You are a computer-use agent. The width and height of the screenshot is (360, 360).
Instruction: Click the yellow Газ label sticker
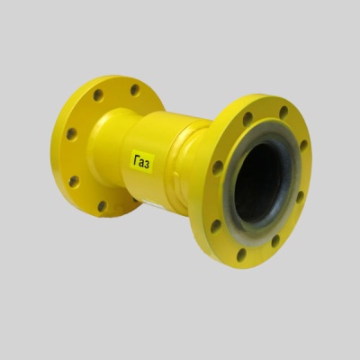(x=143, y=162)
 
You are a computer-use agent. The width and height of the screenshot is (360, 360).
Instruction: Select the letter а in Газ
(x=142, y=163)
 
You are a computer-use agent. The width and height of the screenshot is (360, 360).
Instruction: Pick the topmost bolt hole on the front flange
(x=283, y=112)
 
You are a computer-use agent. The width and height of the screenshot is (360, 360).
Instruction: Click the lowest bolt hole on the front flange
(x=241, y=255)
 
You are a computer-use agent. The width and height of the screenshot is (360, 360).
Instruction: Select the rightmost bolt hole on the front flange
(x=303, y=146)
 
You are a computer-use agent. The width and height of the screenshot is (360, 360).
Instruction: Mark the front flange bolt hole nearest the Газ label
(x=218, y=168)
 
